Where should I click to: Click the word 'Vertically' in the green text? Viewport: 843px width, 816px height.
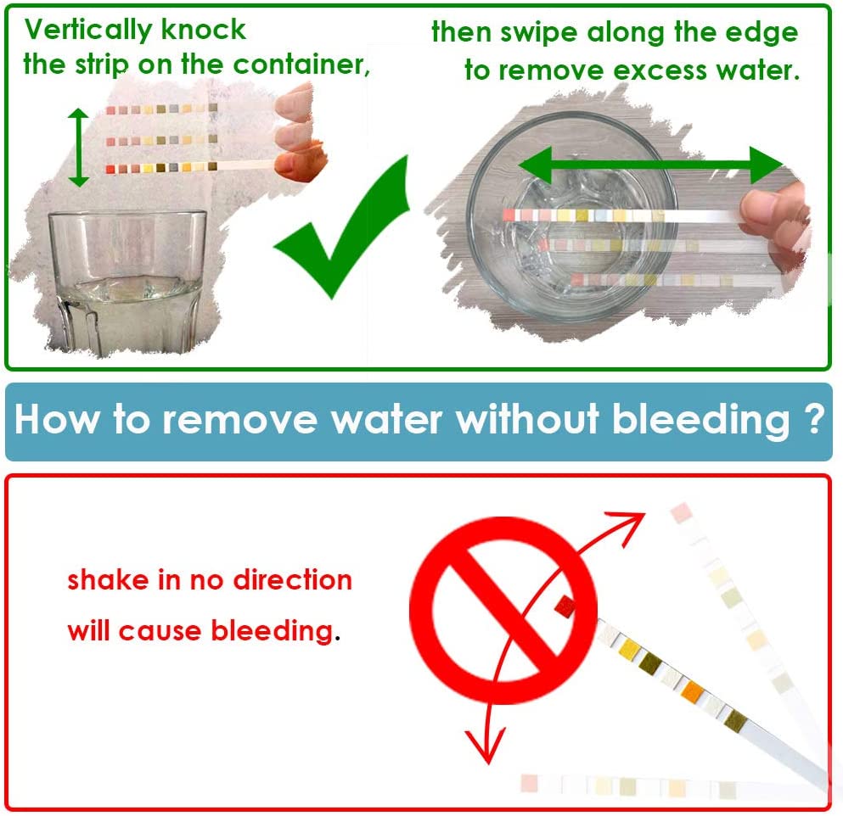tap(88, 30)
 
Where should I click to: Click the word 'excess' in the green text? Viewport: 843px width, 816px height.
tap(660, 70)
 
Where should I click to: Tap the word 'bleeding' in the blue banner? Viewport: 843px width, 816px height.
tap(701, 420)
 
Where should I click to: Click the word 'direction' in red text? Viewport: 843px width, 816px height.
tap(293, 580)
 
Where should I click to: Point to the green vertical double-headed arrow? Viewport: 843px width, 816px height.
tap(79, 148)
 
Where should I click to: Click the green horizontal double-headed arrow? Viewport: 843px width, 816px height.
tap(650, 165)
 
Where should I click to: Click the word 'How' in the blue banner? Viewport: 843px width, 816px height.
tap(57, 419)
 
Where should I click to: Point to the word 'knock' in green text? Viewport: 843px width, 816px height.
tap(204, 30)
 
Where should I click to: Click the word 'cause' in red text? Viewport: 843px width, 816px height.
tap(160, 632)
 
